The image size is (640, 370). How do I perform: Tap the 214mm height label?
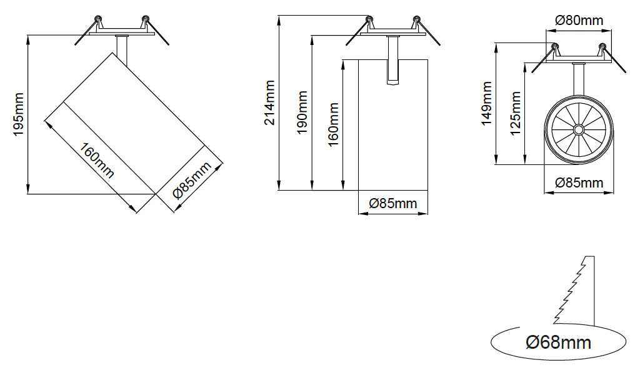(269, 102)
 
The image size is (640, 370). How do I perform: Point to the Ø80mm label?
(579, 20)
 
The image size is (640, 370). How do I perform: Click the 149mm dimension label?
(487, 103)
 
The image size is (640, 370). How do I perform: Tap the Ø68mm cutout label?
(558, 342)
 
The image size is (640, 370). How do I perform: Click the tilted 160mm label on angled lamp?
(97, 161)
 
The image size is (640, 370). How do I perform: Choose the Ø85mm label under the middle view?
(392, 204)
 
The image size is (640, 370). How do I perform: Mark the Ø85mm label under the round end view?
(579, 183)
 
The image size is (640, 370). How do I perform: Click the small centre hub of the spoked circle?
(579, 130)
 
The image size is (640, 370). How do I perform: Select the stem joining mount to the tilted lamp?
(122, 50)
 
